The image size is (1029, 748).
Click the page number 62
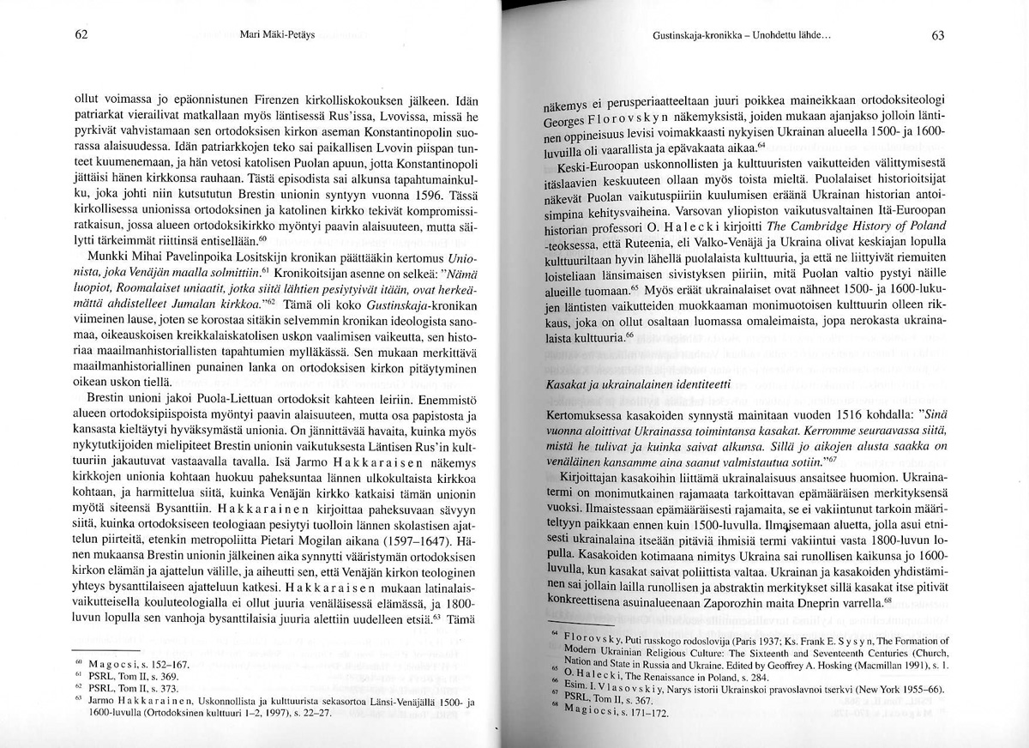click(81, 35)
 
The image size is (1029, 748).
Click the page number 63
click(936, 37)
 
